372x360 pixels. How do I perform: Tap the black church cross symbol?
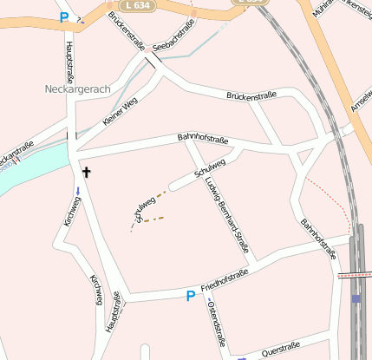point(86,173)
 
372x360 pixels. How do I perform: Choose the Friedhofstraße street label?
point(225,280)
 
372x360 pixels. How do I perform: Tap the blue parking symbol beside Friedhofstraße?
point(190,297)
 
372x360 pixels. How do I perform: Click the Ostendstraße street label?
point(217,325)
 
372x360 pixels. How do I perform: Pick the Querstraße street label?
point(280,349)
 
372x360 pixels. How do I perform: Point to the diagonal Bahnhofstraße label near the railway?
point(317,239)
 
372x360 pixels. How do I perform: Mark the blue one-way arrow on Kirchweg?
point(78,191)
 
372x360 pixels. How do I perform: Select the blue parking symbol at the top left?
point(64,16)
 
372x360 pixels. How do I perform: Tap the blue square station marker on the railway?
point(356,298)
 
